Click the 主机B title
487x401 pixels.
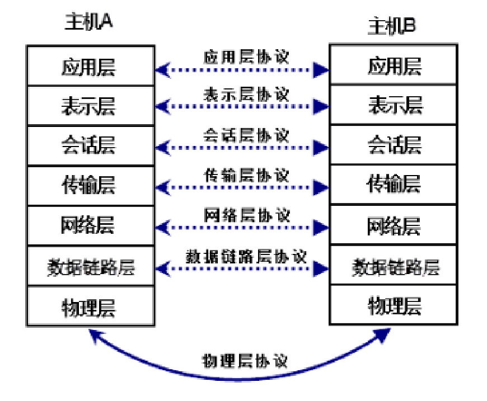click(x=391, y=26)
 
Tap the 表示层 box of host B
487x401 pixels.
click(x=394, y=105)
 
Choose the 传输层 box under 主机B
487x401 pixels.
click(x=394, y=183)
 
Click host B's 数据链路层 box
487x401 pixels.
click(x=394, y=266)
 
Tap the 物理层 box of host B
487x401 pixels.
click(x=394, y=305)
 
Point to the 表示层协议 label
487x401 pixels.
click(x=245, y=95)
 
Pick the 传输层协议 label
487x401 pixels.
click(x=245, y=176)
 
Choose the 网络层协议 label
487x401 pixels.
click(x=245, y=215)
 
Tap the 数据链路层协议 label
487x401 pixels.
click(x=245, y=256)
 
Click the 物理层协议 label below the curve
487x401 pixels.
click(x=245, y=361)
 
